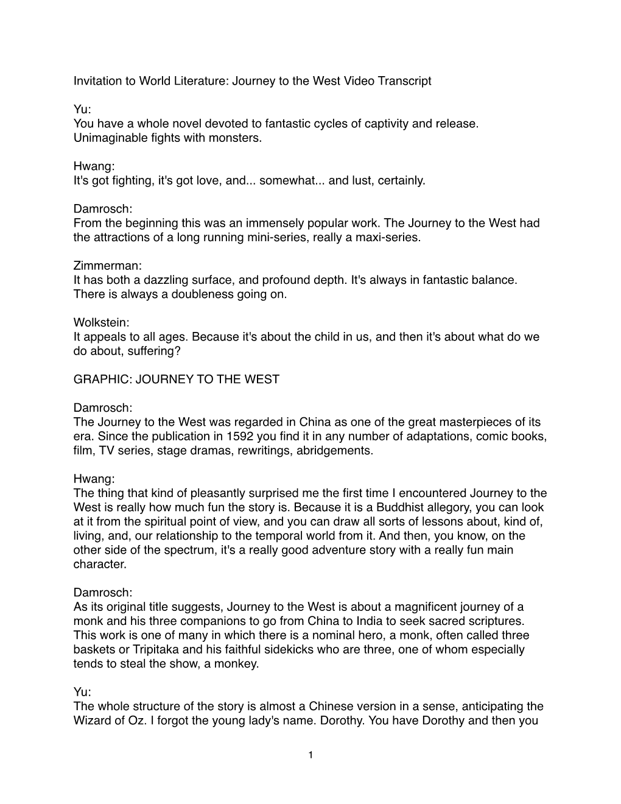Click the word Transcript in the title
(x=405, y=81)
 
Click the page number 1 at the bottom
(x=310, y=755)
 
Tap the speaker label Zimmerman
(x=102, y=266)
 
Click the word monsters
(x=235, y=138)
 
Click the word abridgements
(x=334, y=451)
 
